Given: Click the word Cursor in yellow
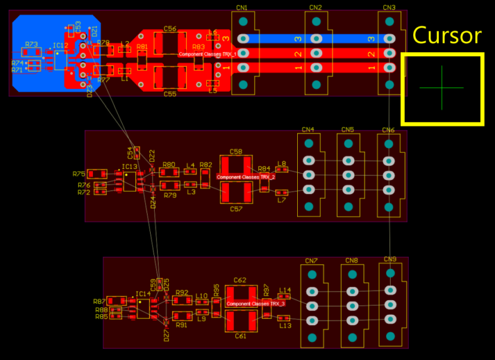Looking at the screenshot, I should click(447, 35).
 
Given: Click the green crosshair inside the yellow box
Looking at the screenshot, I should click(442, 88).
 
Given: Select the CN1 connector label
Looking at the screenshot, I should click(242, 8).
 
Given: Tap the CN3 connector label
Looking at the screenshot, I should click(389, 8).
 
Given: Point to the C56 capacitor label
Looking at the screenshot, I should click(170, 29).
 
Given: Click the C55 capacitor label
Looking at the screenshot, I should click(170, 94).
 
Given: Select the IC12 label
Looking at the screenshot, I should click(60, 46).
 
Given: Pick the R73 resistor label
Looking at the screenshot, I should click(32, 45).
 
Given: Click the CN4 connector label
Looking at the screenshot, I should click(308, 130).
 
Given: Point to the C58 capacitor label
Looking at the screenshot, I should click(236, 152).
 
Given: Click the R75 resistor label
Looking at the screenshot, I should click(79, 174).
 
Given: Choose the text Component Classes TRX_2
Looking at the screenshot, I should click(246, 177).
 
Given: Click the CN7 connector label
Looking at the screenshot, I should click(311, 261).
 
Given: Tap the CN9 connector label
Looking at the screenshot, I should click(390, 259).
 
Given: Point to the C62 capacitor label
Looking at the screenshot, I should click(240, 281).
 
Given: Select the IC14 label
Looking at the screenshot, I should click(142, 294).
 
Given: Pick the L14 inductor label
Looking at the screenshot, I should click(285, 290).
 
